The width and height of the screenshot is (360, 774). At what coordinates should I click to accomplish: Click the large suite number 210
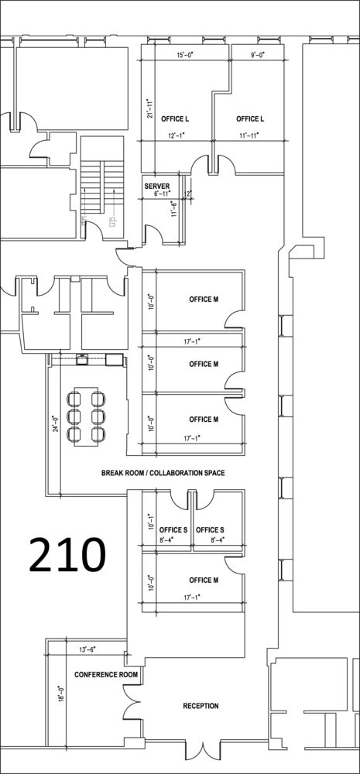click(67, 554)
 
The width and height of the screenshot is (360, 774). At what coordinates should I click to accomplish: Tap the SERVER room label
click(157, 186)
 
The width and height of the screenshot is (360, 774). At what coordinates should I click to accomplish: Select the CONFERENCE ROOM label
click(106, 674)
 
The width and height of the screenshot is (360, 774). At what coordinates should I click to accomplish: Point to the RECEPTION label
click(201, 706)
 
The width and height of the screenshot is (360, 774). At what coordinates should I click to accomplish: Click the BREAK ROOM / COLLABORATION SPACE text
click(163, 473)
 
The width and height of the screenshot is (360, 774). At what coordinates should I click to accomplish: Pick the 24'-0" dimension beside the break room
click(57, 423)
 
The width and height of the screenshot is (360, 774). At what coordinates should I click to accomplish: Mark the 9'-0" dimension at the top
click(257, 55)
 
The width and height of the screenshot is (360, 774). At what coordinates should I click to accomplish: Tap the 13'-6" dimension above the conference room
click(87, 649)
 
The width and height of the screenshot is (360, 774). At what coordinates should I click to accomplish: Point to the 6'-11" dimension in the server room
click(162, 194)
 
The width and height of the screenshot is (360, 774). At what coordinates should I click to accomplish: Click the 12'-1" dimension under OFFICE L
click(176, 135)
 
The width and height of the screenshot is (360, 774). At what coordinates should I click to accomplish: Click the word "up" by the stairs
click(112, 219)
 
